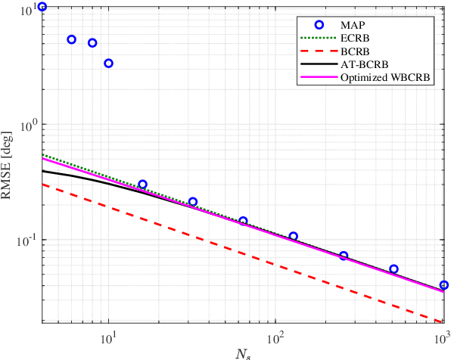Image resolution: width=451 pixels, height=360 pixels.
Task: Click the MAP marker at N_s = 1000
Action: (444, 285)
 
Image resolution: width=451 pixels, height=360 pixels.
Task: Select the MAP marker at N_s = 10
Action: (108, 63)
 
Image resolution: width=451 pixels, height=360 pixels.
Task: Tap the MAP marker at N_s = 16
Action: (142, 185)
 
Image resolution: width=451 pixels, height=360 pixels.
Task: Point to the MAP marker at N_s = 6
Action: (72, 39)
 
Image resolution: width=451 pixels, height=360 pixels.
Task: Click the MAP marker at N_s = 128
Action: (293, 237)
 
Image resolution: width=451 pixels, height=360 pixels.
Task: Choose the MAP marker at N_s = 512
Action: (393, 269)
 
